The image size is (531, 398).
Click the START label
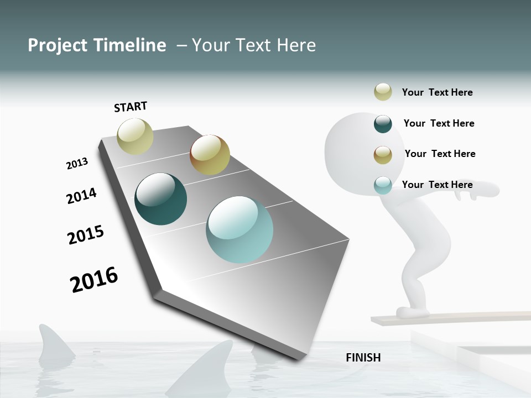131,107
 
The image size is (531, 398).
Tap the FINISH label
363,358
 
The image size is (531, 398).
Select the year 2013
77,164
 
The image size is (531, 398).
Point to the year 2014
81,196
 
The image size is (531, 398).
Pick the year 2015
86,234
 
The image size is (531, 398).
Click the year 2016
94,280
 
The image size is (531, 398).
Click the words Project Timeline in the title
97,45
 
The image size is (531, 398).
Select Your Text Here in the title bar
254,45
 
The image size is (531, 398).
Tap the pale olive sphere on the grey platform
136,136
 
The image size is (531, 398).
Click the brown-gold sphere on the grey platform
210,155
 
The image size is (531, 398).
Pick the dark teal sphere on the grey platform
161,199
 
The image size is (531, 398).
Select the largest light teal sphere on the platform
240,229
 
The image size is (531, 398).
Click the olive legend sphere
383,92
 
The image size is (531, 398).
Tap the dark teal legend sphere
383,124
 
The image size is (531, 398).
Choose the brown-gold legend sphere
383,155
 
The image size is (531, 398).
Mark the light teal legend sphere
383,185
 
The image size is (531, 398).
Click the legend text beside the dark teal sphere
439,123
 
